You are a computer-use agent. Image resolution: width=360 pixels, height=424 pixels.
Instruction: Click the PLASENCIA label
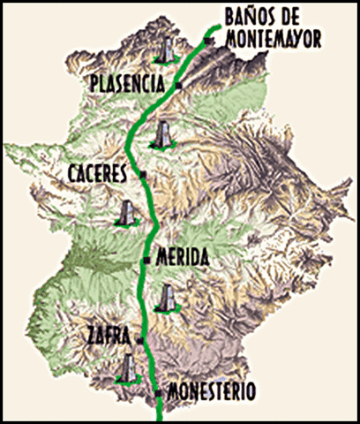pos(128,84)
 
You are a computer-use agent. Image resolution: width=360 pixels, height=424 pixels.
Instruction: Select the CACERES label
pos(98,174)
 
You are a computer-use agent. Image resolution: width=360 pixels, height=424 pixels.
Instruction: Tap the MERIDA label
pos(181,259)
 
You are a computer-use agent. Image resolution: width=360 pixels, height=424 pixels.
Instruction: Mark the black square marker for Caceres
pos(144,175)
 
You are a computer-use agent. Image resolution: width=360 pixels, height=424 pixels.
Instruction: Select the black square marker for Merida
pos(146,260)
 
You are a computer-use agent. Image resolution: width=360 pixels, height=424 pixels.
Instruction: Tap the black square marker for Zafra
pos(139,337)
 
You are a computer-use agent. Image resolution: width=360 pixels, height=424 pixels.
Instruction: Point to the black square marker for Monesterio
pos(158,390)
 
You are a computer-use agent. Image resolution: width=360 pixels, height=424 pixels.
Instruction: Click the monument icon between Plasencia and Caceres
pos(161,135)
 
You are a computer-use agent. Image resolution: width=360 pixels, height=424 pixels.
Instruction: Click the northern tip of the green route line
pos(214,28)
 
